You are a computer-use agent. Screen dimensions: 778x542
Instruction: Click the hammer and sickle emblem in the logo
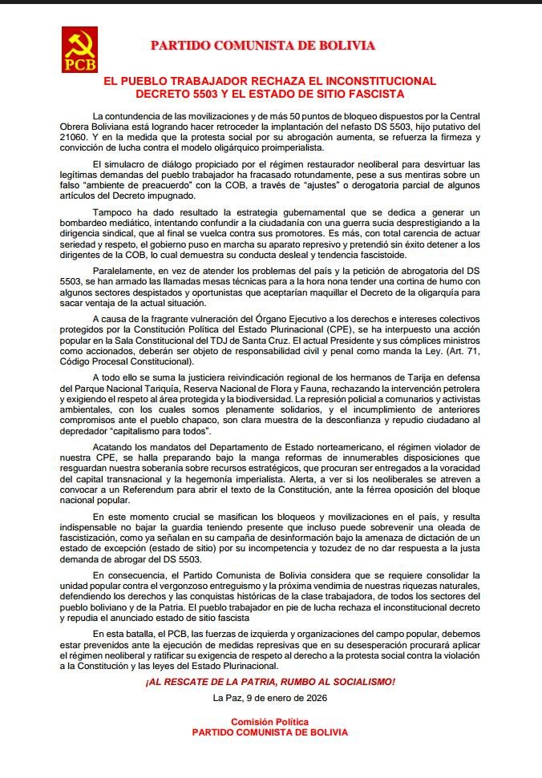79,41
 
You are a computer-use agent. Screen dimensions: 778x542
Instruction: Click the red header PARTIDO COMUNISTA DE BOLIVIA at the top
263,46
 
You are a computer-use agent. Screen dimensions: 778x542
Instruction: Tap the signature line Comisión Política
269,722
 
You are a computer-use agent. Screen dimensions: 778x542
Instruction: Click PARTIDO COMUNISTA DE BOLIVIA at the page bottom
269,732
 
